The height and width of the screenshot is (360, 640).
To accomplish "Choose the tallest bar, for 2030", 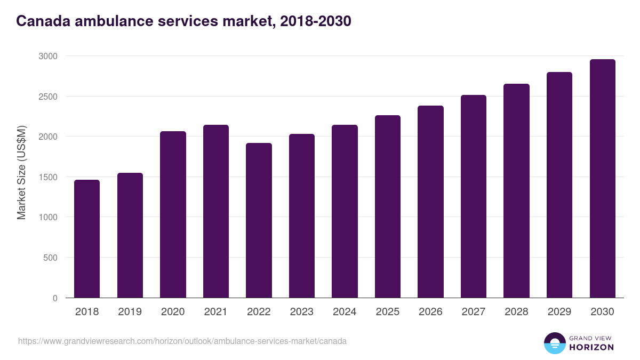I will (x=603, y=179).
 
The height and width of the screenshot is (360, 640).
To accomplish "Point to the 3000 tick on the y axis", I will (x=47, y=56).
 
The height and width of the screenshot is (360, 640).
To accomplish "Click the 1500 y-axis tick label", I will (x=47, y=177).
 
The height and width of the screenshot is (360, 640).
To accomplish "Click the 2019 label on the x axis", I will (x=130, y=312).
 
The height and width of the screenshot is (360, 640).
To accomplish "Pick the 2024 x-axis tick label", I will (x=345, y=312).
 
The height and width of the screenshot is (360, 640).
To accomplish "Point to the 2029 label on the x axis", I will (x=559, y=312).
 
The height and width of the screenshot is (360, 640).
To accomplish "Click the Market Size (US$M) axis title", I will (x=21, y=172).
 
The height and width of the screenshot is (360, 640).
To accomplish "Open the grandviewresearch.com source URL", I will (x=182, y=341).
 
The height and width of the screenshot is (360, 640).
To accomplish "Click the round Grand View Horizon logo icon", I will (x=554, y=343).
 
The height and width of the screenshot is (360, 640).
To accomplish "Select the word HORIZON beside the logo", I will (x=591, y=347).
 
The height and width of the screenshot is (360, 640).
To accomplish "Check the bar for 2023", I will (x=302, y=216).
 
